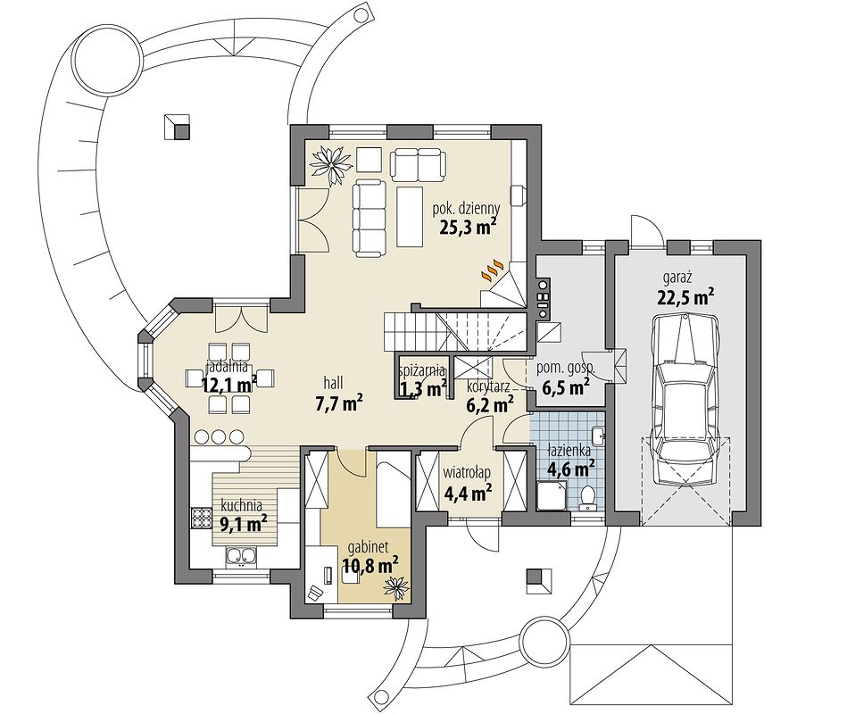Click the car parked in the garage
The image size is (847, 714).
[685, 400]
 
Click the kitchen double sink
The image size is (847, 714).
[242, 558]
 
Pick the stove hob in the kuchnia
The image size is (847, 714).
[201, 519]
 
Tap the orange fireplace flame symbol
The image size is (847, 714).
[493, 270]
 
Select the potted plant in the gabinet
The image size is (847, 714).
[396, 586]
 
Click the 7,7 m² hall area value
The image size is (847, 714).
[338, 403]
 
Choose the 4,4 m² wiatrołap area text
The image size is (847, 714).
[468, 492]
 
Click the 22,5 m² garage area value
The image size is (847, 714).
[686, 296]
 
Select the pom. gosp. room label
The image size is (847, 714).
[565, 369]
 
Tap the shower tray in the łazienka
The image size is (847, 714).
[551, 496]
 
